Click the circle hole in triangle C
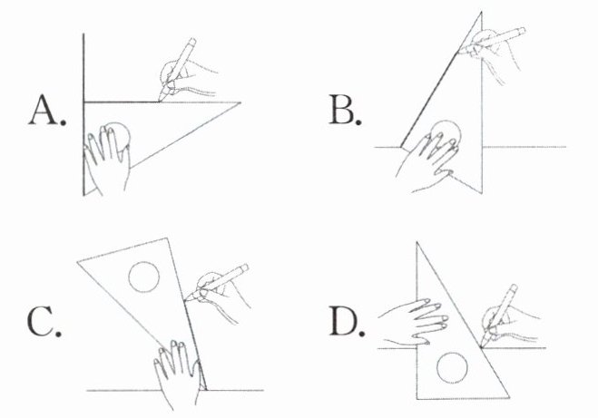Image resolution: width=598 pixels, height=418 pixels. [x=143, y=277]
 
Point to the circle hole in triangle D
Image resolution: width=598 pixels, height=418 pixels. [x=452, y=368]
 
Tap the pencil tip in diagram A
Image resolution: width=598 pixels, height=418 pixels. [x=160, y=101]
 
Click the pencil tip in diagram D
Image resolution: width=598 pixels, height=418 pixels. [x=481, y=346]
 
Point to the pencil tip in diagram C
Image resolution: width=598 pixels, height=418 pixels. [x=186, y=301]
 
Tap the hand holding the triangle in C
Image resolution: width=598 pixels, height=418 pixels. [x=177, y=374]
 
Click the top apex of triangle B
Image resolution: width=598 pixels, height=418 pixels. [x=481, y=12]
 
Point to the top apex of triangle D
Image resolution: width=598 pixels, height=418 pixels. [x=417, y=242]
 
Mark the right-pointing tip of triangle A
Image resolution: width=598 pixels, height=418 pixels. [x=240, y=102]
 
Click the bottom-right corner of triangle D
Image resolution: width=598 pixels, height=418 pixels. [x=509, y=398]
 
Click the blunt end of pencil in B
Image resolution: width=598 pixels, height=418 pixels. [x=521, y=31]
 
